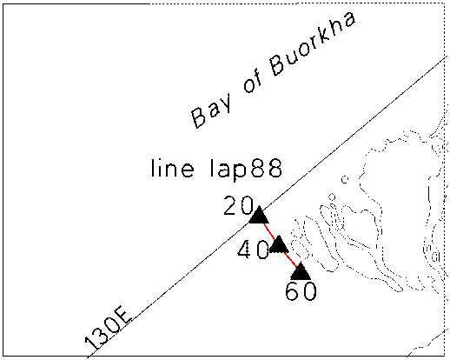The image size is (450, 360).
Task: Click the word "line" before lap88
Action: click(x=172, y=168)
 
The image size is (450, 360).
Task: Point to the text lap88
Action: click(x=246, y=170)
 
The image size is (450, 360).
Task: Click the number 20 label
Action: click(x=238, y=205)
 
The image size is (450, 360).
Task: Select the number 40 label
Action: click(x=253, y=250)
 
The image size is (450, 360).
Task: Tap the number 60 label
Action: click(x=301, y=291)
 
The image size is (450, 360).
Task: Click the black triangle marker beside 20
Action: click(x=259, y=216)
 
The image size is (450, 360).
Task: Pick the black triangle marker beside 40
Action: click(x=279, y=245)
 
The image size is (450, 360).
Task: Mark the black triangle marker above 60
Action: click(x=301, y=272)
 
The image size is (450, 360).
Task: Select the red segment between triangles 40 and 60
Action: click(x=290, y=259)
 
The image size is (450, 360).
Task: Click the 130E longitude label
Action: click(x=108, y=330)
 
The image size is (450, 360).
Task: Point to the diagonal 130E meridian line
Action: click(x=267, y=208)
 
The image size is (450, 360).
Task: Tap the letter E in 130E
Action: click(x=124, y=318)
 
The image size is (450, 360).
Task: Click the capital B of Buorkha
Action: click(x=280, y=64)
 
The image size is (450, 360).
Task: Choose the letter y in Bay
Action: click(x=224, y=102)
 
